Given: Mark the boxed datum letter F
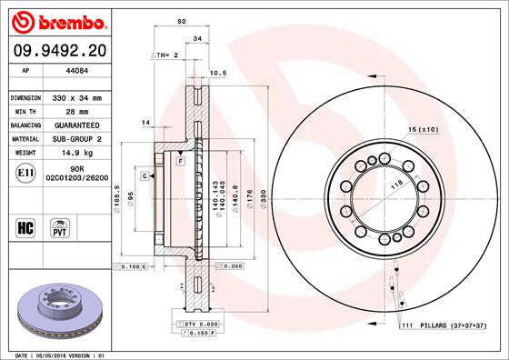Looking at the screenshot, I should [181, 160].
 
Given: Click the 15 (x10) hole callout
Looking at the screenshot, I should [423, 130].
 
